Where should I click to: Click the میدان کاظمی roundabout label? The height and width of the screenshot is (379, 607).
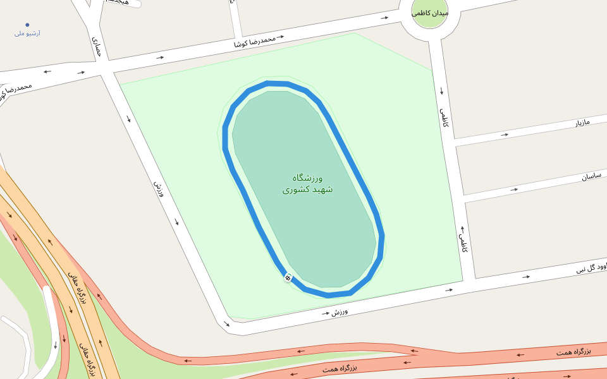coord(430,13)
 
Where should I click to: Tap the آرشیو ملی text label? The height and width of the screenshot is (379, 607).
coord(27,33)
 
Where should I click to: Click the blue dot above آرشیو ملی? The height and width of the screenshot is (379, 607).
coord(27,25)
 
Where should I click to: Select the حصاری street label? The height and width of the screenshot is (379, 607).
coord(96,47)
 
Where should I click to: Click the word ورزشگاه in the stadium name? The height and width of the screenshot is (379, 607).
coord(308,177)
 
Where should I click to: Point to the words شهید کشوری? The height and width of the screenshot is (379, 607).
coord(307,189)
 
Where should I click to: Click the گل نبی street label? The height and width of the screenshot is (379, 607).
coord(591,268)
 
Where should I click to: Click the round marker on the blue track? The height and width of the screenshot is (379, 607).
coord(288,277)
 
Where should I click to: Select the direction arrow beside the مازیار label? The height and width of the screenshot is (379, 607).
coord(505,135)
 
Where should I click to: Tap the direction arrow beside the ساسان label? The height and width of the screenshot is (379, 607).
coord(514,189)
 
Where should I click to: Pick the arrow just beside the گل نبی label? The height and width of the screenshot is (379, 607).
coord(526,277)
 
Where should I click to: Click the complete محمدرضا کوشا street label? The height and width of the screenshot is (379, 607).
coord(255,42)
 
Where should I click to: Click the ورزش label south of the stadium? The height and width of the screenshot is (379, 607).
coord(340,312)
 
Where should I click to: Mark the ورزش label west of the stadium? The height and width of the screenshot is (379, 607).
coord(158,189)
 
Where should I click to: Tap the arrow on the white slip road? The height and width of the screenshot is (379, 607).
coord(56,344)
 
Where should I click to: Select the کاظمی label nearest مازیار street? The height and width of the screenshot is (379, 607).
coord(445,117)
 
